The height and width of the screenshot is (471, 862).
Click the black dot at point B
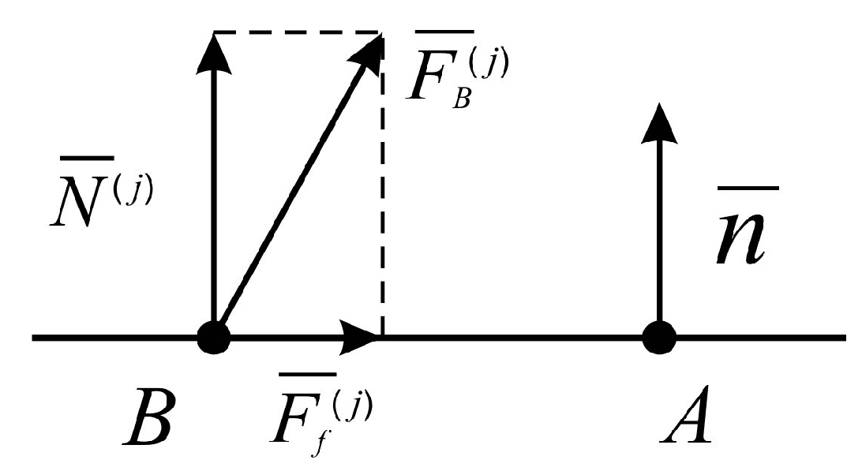pos(213,338)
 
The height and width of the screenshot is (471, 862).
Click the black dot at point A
pos(660,338)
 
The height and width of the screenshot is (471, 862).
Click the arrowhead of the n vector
pos(660,126)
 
